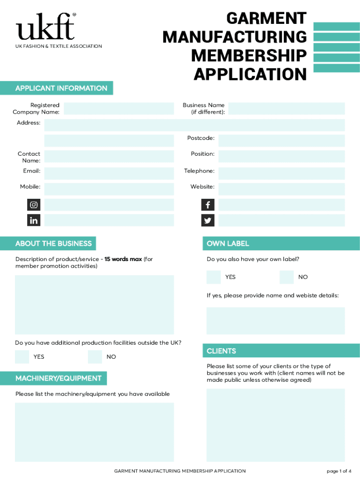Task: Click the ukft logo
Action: (x=46, y=27)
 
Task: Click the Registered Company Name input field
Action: (x=118, y=109)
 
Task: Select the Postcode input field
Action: (x=281, y=141)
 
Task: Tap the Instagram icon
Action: (x=34, y=205)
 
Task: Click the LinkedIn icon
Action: (x=34, y=220)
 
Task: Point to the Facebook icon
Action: (x=208, y=205)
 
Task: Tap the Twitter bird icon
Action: (x=208, y=220)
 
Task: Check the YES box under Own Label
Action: (x=214, y=277)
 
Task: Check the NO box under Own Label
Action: (x=286, y=277)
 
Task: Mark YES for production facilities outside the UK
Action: (x=22, y=357)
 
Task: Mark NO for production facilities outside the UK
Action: (x=94, y=357)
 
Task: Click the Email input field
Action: (x=109, y=174)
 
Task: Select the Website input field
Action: (x=281, y=189)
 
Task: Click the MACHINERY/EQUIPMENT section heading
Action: (x=58, y=378)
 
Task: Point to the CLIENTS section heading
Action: (x=222, y=351)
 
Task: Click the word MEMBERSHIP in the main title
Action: (x=249, y=55)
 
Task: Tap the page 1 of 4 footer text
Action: (x=339, y=471)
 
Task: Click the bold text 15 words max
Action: (x=123, y=259)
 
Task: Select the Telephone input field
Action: (x=281, y=174)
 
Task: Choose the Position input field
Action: (x=281, y=156)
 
